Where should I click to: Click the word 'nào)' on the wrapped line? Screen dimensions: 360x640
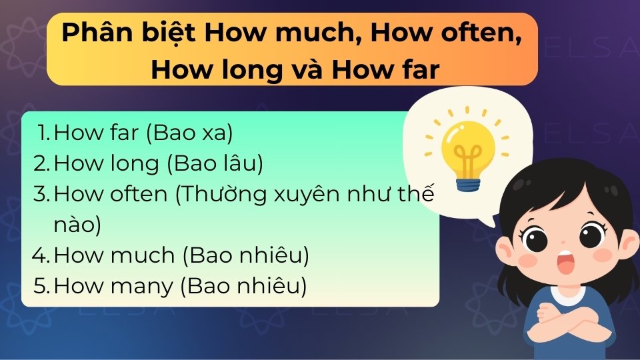(77, 225)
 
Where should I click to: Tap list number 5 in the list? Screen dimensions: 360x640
(42, 286)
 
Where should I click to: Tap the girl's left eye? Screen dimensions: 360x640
(534, 236)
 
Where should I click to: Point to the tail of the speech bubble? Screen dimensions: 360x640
(490, 217)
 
